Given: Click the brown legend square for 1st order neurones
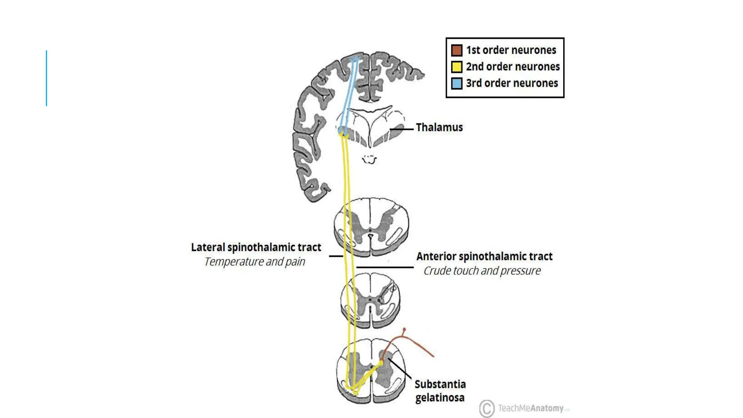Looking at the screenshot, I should click(x=456, y=50).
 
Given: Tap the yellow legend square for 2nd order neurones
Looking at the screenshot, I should click(x=456, y=67).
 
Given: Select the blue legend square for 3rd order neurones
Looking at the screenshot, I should click(x=456, y=83).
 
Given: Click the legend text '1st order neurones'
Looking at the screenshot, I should click(x=511, y=50).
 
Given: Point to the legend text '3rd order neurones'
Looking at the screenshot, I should click(x=512, y=83).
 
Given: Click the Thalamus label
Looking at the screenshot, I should click(x=439, y=127).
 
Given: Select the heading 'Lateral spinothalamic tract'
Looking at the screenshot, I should click(x=256, y=247).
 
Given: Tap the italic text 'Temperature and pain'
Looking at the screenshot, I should click(x=255, y=262).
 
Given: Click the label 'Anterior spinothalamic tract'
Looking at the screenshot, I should click(x=484, y=257).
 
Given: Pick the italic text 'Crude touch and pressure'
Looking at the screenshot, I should click(x=482, y=271).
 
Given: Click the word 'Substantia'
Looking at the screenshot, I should click(x=440, y=384).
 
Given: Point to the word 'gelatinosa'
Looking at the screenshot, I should click(x=440, y=398).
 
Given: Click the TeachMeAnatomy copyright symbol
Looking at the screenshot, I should click(x=487, y=409).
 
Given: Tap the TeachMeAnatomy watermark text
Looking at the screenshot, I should click(x=530, y=408).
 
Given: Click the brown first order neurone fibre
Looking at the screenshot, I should click(x=417, y=343).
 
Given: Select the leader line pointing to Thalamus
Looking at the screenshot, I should click(x=402, y=129).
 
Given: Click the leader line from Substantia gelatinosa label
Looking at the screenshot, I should click(x=399, y=368).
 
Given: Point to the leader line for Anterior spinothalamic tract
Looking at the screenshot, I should click(x=385, y=267).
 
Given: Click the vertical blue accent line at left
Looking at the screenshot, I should click(x=46, y=78).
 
